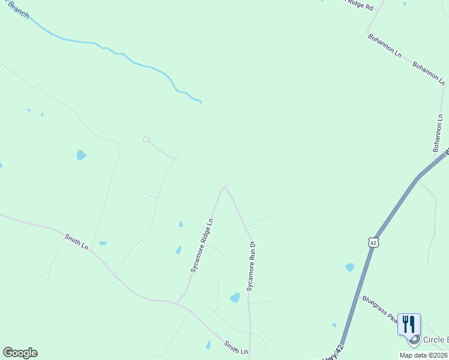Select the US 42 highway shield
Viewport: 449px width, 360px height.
[x=373, y=242]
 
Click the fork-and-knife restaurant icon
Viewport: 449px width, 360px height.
[x=409, y=324]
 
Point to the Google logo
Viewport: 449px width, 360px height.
[x=20, y=353]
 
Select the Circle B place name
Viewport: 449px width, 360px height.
[x=436, y=340]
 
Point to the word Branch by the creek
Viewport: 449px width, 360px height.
[x=16, y=10]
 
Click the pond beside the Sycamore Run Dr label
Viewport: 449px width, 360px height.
[x=235, y=298]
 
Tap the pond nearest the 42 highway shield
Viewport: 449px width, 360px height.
[x=349, y=267]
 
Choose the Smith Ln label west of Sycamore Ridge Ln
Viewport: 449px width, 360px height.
[x=76, y=242]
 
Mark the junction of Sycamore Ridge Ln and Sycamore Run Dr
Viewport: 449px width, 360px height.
[x=224, y=188]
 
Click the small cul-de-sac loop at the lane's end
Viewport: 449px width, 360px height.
[x=146, y=139]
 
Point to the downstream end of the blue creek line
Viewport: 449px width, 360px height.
[x=200, y=102]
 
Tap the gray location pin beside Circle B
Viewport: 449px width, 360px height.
[x=414, y=341]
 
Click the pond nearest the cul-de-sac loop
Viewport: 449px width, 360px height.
[x=80, y=155]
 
